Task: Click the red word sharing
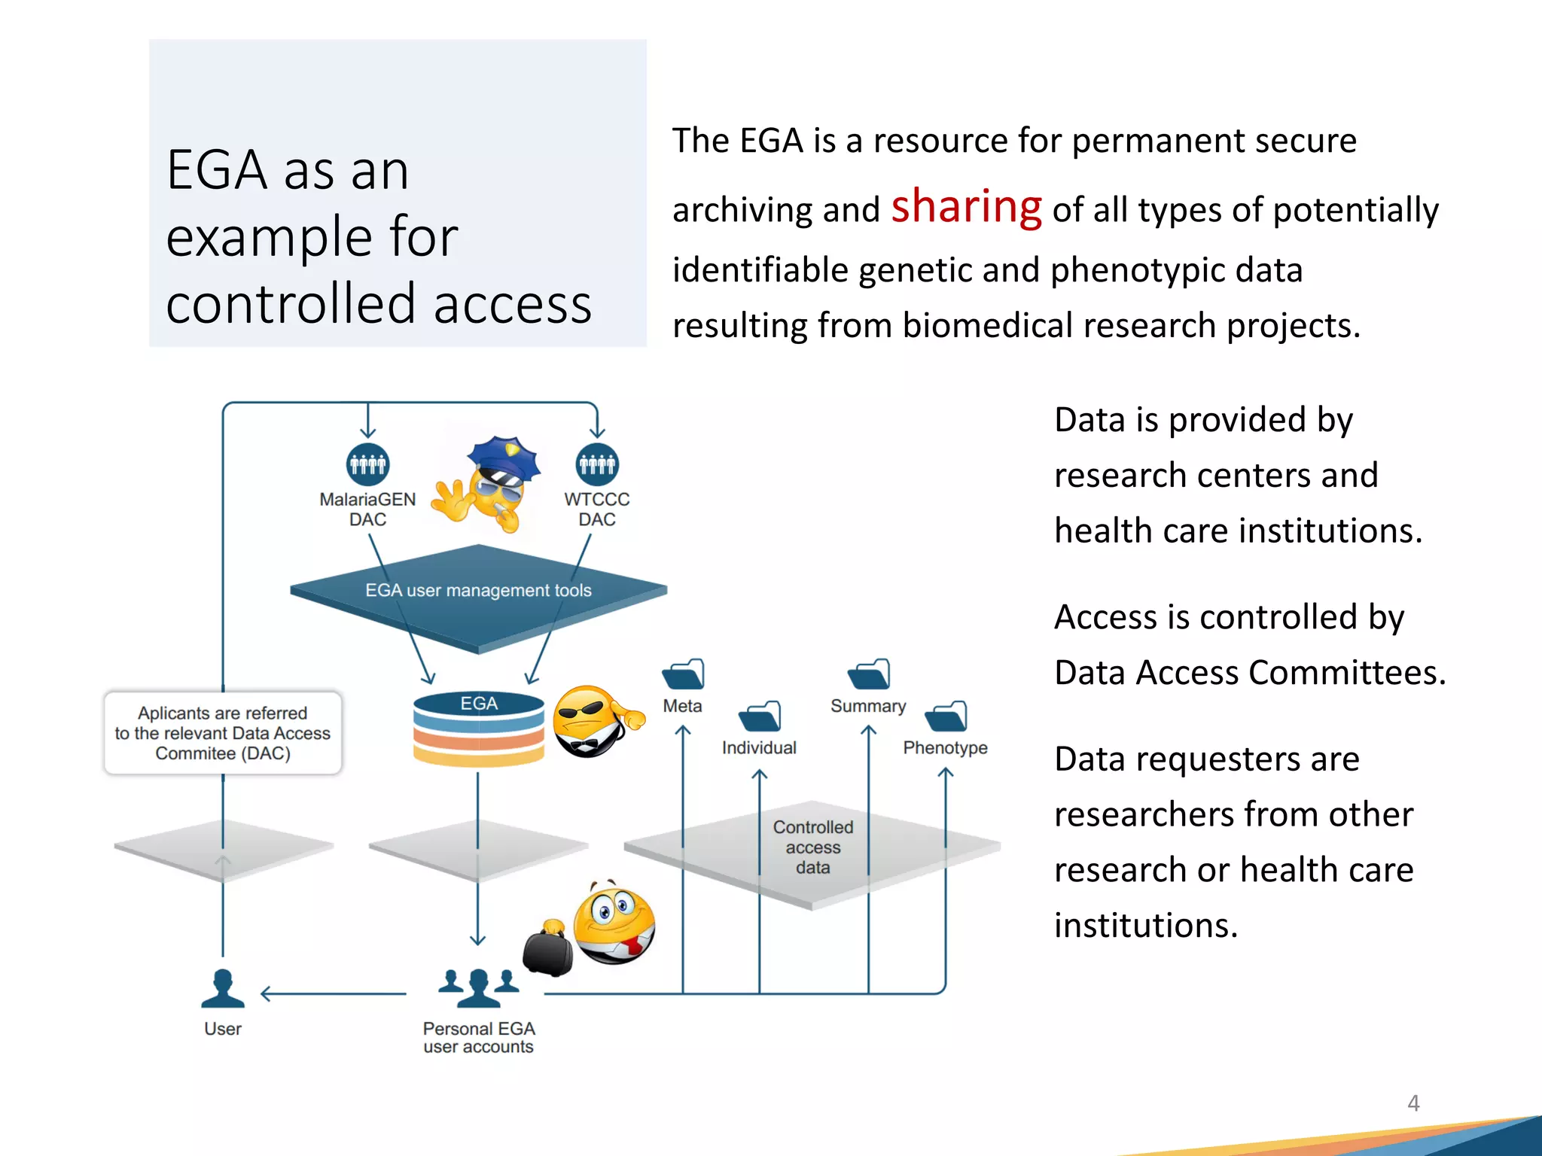point(966,207)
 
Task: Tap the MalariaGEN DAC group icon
point(367,464)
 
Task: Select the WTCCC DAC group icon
point(597,464)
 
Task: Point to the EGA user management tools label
point(478,591)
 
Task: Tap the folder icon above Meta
point(684,674)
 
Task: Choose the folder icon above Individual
point(760,716)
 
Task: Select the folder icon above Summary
point(869,674)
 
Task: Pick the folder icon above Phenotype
point(946,716)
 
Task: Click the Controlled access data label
point(813,847)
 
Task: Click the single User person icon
point(223,988)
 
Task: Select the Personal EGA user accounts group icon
point(479,987)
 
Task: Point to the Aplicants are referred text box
point(223,733)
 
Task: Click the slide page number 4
point(1413,1103)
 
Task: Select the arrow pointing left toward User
point(331,994)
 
